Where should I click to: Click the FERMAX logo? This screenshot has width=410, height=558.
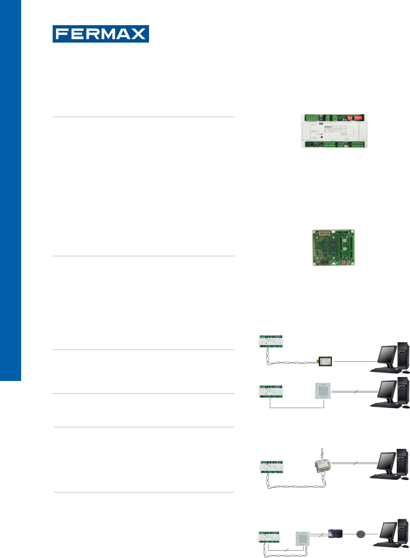coord(100,34)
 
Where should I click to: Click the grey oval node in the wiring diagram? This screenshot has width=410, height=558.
coord(361,534)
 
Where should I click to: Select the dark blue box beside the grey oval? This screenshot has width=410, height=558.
coord(335,534)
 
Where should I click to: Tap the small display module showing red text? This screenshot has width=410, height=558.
coord(325,361)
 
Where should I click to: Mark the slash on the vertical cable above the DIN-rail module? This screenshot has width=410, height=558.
coord(323,453)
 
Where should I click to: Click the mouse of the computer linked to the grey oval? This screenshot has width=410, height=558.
coord(404,547)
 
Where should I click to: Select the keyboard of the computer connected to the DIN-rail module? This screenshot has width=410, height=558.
coord(384,477)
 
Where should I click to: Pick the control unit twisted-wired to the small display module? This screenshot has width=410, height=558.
coord(271,341)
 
